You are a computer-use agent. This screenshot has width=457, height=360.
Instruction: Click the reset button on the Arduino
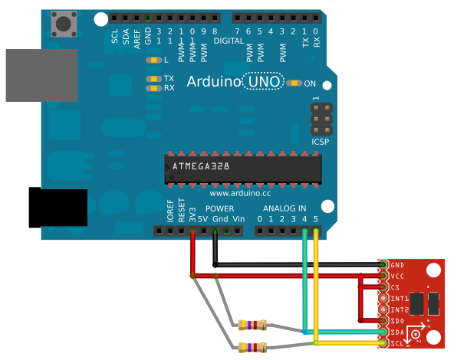coord(61,24)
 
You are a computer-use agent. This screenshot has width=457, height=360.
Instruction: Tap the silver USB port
coord(41,75)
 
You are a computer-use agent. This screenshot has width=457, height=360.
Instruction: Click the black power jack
coord(58,207)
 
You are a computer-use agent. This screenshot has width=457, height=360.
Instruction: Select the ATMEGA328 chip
coord(242,166)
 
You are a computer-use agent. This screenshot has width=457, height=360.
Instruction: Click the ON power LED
coord(294,83)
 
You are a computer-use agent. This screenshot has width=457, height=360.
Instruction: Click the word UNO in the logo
coord(263,81)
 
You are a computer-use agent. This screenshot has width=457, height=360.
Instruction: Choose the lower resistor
coord(252,348)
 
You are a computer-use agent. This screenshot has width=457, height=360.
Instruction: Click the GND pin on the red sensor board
coord(383,264)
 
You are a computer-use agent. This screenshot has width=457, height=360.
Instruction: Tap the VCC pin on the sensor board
coord(383,276)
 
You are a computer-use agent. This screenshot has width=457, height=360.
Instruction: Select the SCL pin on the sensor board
coord(383,344)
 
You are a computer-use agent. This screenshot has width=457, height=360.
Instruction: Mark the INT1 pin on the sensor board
coord(383,298)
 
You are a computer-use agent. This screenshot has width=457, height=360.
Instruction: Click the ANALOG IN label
coord(284,208)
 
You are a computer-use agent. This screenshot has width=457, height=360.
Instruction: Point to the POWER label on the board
coord(220,208)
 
